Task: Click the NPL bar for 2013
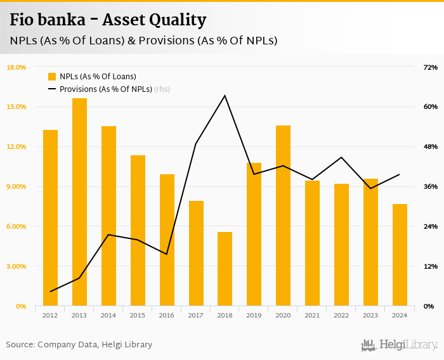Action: pos(79,202)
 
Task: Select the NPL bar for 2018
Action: pos(225,269)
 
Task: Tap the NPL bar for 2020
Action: pos(283,215)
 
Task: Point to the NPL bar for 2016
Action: pos(167,240)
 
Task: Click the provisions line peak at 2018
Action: pos(225,96)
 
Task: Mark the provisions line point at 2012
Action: pos(50,292)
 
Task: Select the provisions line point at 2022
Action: pos(341,157)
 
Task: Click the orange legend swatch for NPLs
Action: pos(52,77)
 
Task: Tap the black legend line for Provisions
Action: pos(52,89)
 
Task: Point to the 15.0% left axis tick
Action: pos(16,106)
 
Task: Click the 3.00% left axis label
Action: pos(16,266)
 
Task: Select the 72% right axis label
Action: pos(431,67)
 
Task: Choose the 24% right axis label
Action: pos(431,226)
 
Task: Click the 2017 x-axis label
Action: pos(195,315)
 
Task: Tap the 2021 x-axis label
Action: pos(312,315)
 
